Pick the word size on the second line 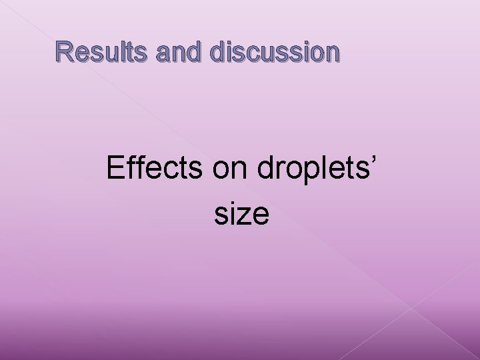243,214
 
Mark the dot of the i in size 232,203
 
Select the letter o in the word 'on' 222,172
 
